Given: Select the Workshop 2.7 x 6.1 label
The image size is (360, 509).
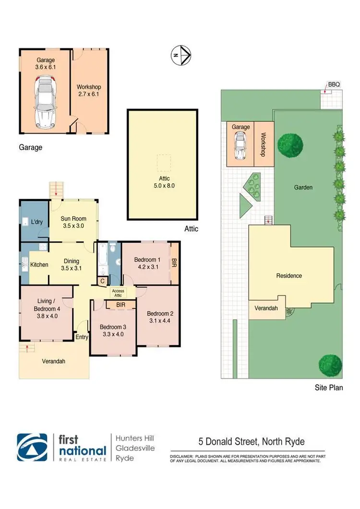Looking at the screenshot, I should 89,91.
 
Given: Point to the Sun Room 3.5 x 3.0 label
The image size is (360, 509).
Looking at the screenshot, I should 73,222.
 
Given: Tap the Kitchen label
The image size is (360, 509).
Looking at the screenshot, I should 39,265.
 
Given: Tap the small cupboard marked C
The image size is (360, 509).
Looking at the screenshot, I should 102,282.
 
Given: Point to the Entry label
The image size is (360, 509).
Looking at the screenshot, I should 82,337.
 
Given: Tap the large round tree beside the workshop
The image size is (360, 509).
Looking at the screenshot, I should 290,144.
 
